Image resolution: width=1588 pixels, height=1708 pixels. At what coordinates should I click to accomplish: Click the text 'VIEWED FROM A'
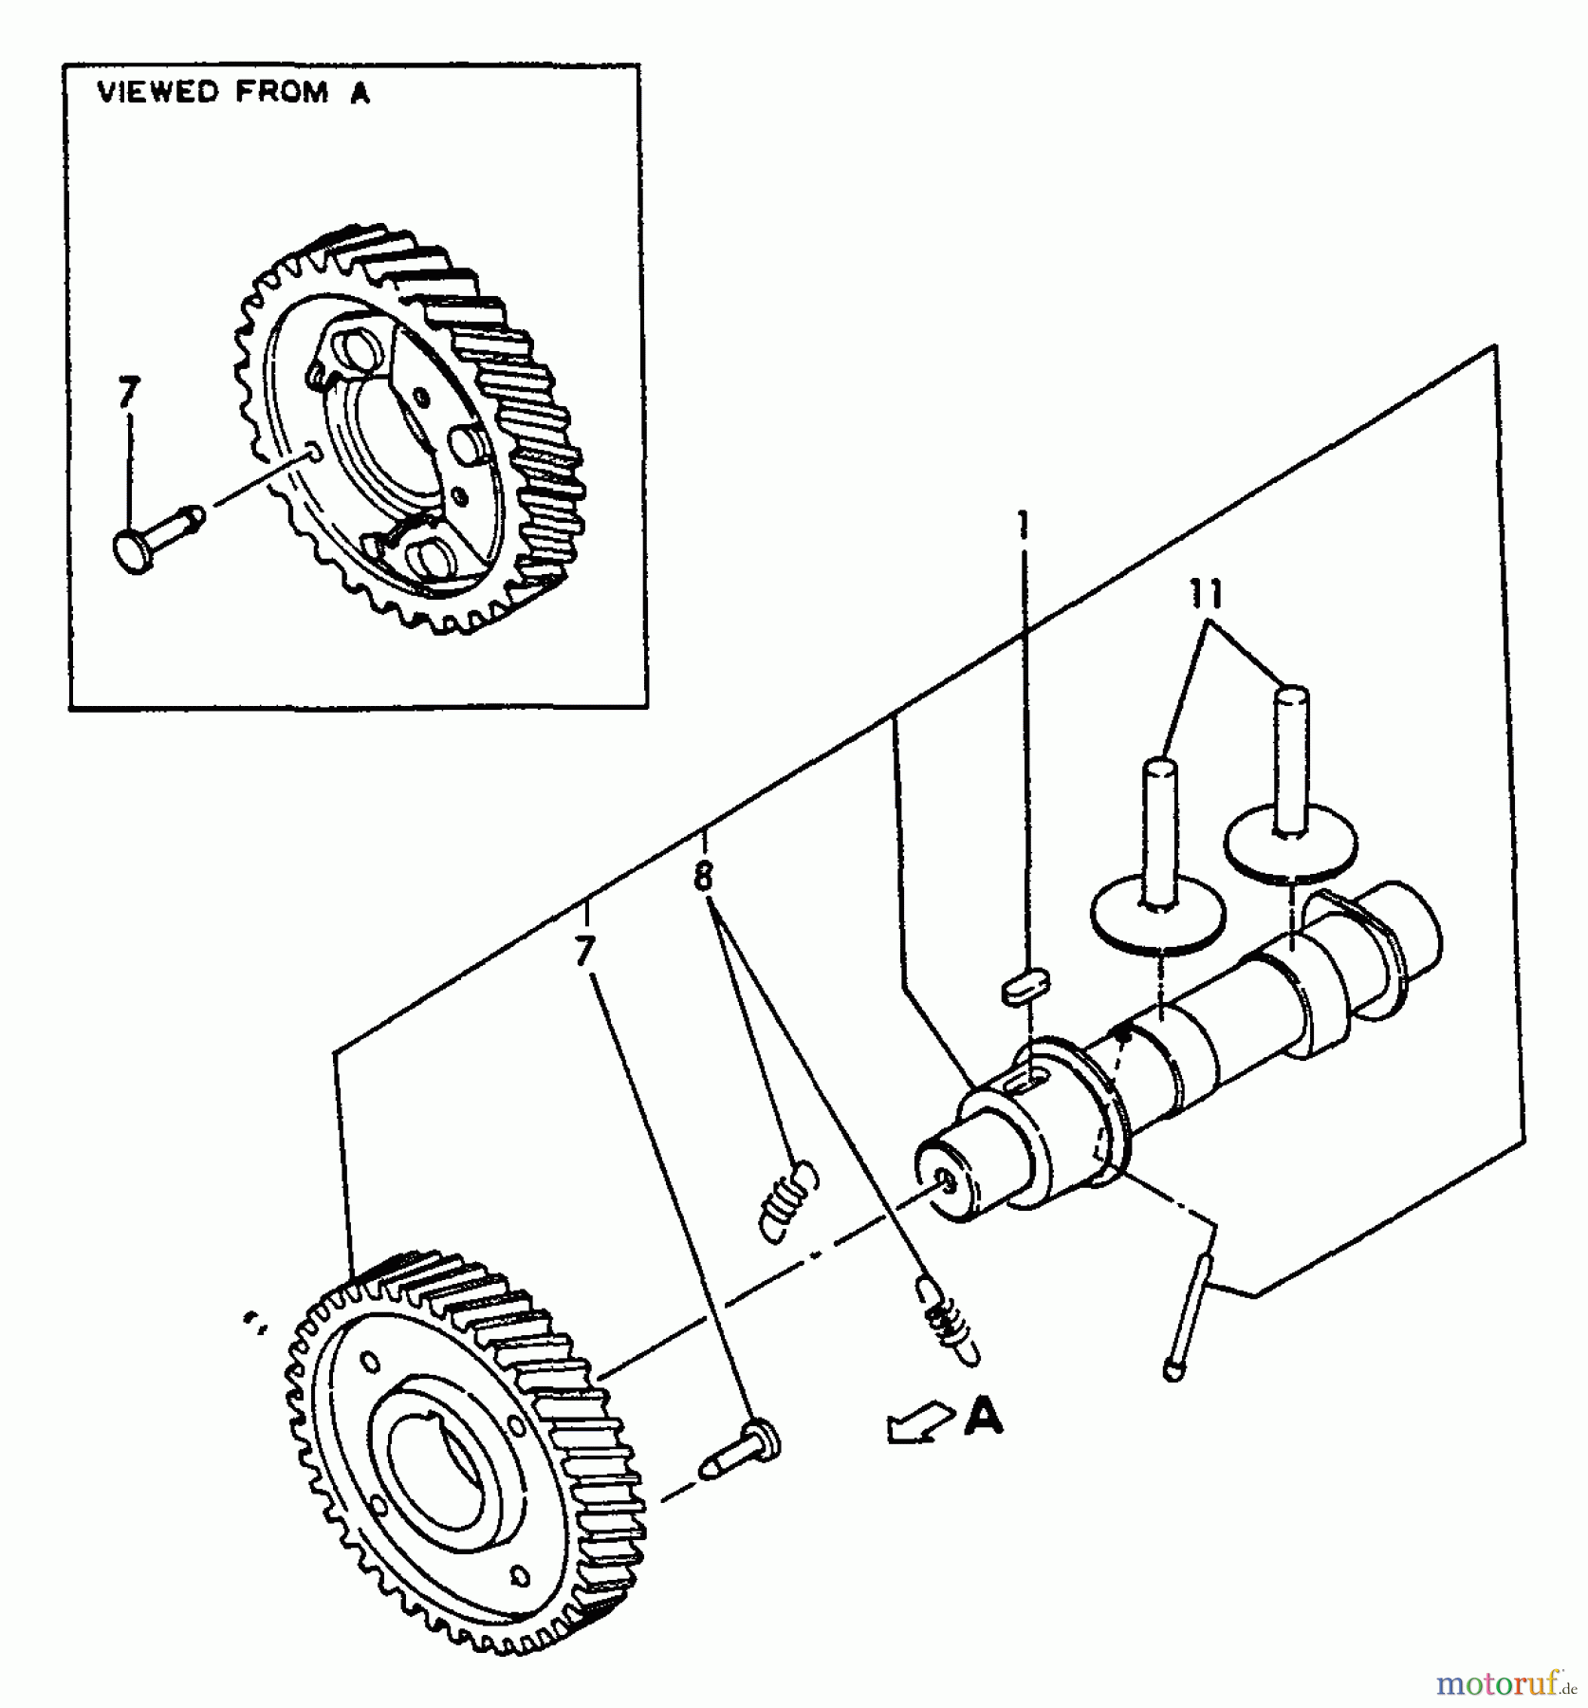pos(233,93)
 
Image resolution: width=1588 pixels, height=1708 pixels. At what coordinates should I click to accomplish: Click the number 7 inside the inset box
pos(129,392)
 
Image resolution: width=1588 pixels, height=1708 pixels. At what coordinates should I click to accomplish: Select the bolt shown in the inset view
pos(157,535)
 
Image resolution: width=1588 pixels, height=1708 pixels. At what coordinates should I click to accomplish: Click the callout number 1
pos(1023,525)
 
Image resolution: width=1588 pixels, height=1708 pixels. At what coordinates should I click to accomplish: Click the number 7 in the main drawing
pos(585,950)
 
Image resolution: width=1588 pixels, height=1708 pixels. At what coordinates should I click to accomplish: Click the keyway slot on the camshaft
pos(1029,1079)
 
